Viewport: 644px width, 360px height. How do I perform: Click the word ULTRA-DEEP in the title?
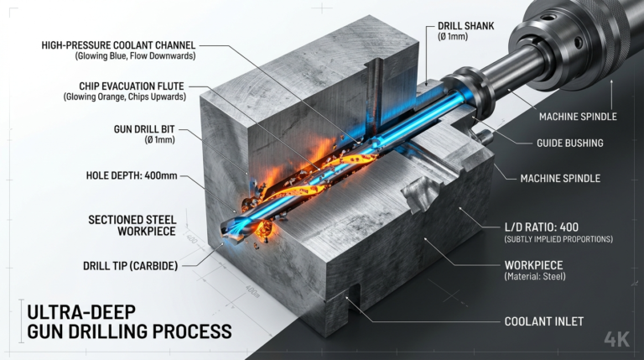click(x=81, y=312)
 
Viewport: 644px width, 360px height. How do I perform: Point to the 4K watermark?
click(x=616, y=340)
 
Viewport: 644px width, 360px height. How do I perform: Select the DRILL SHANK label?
click(x=465, y=26)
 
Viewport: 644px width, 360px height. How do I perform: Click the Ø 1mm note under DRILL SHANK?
click(x=453, y=37)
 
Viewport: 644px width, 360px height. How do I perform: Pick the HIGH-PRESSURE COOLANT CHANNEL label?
click(x=118, y=45)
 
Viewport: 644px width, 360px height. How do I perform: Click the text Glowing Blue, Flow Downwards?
click(x=135, y=55)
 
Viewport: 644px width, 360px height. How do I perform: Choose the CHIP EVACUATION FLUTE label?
click(x=132, y=86)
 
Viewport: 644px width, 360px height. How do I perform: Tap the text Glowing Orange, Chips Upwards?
click(x=124, y=97)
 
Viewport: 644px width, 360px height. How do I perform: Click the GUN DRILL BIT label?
click(x=144, y=129)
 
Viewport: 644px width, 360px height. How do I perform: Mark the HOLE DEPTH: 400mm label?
click(x=132, y=175)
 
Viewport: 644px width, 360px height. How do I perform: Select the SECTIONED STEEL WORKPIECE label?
click(x=132, y=226)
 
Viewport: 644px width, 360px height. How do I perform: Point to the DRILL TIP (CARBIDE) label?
click(x=130, y=265)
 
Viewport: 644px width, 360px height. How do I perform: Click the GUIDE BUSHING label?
click(x=569, y=143)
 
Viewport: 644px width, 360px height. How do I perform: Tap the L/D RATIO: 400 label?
click(x=541, y=227)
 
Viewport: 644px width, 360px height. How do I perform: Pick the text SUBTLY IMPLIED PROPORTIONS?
click(x=558, y=239)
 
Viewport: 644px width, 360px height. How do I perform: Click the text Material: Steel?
click(x=535, y=276)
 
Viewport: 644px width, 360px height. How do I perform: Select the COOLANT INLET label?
click(x=543, y=321)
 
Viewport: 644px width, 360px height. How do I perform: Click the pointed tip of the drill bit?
click(x=222, y=233)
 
